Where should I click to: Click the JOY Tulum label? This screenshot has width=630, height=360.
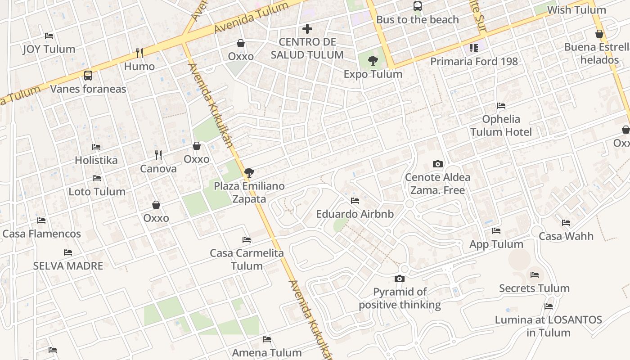49,49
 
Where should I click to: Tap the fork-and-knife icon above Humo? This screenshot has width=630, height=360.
139,53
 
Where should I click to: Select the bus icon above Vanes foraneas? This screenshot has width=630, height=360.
88,76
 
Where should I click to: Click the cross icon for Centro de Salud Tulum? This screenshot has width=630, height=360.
307,29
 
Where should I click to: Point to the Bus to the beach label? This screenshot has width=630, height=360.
417,20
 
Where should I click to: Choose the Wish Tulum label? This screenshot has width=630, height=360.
576,10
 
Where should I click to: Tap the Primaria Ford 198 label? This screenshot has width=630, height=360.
474,61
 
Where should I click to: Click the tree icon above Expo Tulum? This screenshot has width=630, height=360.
373,61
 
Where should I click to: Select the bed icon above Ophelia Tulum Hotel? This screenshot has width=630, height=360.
501,106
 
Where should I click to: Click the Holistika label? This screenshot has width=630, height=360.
96,160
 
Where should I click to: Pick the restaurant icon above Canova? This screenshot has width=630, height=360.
158,155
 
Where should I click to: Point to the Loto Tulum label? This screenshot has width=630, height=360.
97,192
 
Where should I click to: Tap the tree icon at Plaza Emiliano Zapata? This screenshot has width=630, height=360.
249,173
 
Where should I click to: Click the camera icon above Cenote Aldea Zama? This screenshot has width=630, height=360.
437,164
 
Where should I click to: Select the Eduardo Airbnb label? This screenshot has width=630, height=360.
355,214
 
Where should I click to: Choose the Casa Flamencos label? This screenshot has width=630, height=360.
41,234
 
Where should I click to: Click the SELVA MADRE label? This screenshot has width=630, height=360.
68,266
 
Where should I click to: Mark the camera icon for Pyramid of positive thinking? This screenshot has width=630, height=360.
399,279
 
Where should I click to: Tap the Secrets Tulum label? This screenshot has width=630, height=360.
534,288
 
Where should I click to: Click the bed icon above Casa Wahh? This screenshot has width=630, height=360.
566,223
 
